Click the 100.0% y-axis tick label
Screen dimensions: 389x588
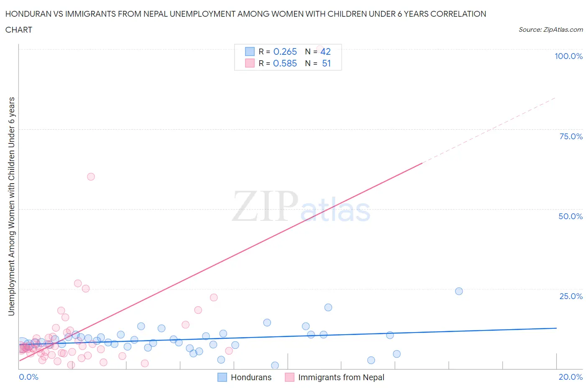[568, 56]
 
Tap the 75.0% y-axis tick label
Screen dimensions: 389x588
[571, 136]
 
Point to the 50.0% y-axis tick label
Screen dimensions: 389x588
[570, 216]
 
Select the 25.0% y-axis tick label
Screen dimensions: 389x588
[571, 296]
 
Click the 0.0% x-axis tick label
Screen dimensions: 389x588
[28, 377]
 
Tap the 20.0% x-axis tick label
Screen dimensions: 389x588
[570, 377]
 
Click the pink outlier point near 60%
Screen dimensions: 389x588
[91, 177]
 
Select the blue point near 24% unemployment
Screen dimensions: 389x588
[459, 291]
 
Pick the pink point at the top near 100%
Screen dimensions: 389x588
[320, 49]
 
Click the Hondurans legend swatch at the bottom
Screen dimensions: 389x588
[222, 377]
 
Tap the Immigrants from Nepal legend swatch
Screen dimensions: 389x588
[289, 377]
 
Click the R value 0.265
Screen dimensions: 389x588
[285, 51]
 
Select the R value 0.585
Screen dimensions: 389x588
[285, 63]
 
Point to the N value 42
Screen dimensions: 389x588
[325, 51]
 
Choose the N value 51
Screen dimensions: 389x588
[326, 63]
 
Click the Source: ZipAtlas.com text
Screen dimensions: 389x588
[550, 29]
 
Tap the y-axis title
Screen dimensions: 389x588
[11, 206]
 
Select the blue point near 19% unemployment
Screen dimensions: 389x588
[328, 307]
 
